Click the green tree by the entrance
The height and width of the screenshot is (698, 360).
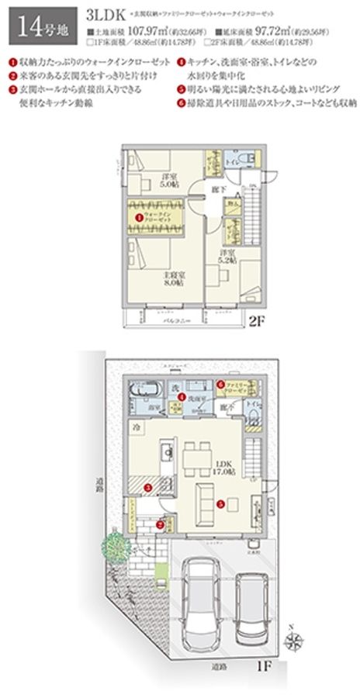(x=113, y=549)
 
